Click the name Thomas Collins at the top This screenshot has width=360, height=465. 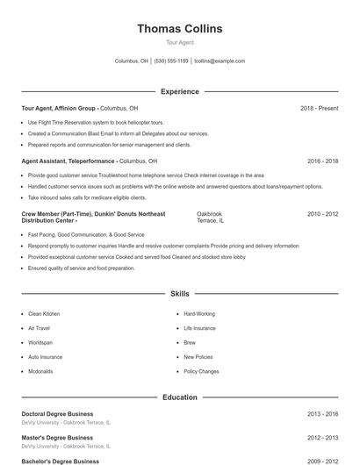pos(179,29)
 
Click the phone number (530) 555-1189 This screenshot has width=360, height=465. pos(171,61)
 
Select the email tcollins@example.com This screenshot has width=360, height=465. pos(220,61)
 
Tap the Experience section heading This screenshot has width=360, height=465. pos(179,91)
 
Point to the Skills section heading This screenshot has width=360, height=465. pos(179,293)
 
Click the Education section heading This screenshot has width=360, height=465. pos(179,397)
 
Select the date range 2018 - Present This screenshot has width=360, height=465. pos(319,108)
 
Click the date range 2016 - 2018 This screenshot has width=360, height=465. pos(323,161)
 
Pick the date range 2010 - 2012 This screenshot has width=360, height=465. pos(323,214)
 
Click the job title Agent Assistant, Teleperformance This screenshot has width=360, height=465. pos(68,161)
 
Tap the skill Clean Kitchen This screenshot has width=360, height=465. pos(44,313)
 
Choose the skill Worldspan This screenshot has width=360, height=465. pos(40,342)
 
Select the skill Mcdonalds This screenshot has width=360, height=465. pos(40,371)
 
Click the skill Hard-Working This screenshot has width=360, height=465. pos(199,313)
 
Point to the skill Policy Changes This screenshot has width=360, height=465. pos(201,371)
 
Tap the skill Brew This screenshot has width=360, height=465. pos(190,342)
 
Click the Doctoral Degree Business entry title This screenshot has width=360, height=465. pos(57,413)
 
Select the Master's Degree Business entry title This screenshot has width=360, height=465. pos(57,437)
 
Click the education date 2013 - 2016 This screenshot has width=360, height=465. pos(323,413)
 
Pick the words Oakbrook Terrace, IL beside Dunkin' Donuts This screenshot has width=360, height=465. pos(210,218)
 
